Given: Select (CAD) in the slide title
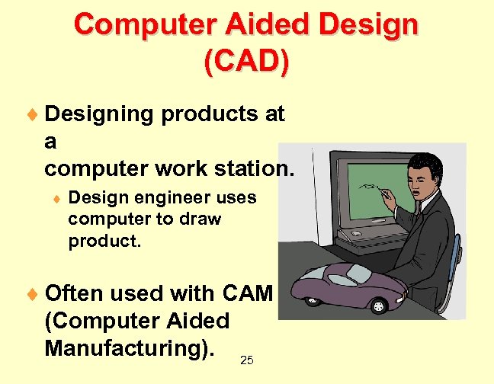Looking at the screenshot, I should [x=246, y=61].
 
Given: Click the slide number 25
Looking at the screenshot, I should [x=246, y=360].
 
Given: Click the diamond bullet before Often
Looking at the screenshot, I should [x=34, y=294].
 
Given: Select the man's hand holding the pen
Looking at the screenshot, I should [x=390, y=200].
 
